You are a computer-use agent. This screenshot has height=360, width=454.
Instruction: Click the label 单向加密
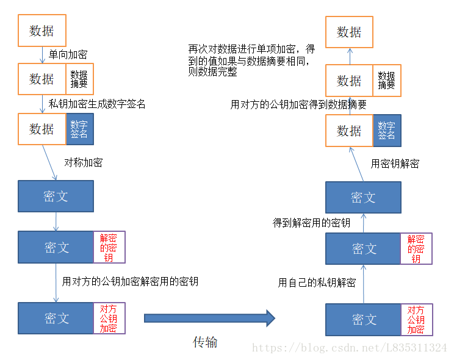pyautogui.click(x=68, y=54)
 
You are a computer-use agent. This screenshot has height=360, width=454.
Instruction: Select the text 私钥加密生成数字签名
pyautogui.click(x=96, y=104)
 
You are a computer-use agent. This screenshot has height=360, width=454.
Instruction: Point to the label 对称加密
pyautogui.click(x=84, y=162)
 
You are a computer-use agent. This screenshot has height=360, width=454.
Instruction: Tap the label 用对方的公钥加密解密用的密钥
pyautogui.click(x=130, y=281)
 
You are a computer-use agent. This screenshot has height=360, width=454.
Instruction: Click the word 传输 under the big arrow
pyautogui.click(x=205, y=342)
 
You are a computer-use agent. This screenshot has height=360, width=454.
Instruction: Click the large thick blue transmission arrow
pyautogui.click(x=210, y=319)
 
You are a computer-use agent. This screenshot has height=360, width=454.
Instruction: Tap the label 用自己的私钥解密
pyautogui.click(x=317, y=283)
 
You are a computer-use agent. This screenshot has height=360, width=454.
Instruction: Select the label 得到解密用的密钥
pyautogui.click(x=312, y=223)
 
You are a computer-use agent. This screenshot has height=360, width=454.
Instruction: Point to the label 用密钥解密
pyautogui.click(x=395, y=164)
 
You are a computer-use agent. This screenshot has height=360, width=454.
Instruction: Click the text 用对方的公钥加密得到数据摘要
pyautogui.click(x=298, y=104)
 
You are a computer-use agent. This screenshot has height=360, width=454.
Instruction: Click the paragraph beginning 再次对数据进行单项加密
pyautogui.click(x=251, y=60)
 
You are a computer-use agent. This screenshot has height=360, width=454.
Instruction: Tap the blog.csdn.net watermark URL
pyautogui.click(x=350, y=348)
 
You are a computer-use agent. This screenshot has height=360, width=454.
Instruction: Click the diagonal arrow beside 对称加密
pyautogui.click(x=49, y=162)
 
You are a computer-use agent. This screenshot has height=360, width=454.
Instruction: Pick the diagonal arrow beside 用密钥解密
pyautogui.click(x=356, y=164)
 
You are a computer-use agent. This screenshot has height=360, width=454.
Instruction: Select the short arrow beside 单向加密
pyautogui.click(x=42, y=55)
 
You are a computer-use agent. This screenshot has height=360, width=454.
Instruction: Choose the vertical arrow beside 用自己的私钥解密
pyautogui.click(x=363, y=284)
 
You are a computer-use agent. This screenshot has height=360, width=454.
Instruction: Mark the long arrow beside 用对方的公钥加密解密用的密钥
pyautogui.click(x=56, y=283)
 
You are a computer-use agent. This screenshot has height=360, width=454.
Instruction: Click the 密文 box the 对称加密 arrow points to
pyautogui.click(x=56, y=196)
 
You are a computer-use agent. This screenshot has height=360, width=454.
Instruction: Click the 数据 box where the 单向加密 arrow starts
pyautogui.click(x=42, y=31)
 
